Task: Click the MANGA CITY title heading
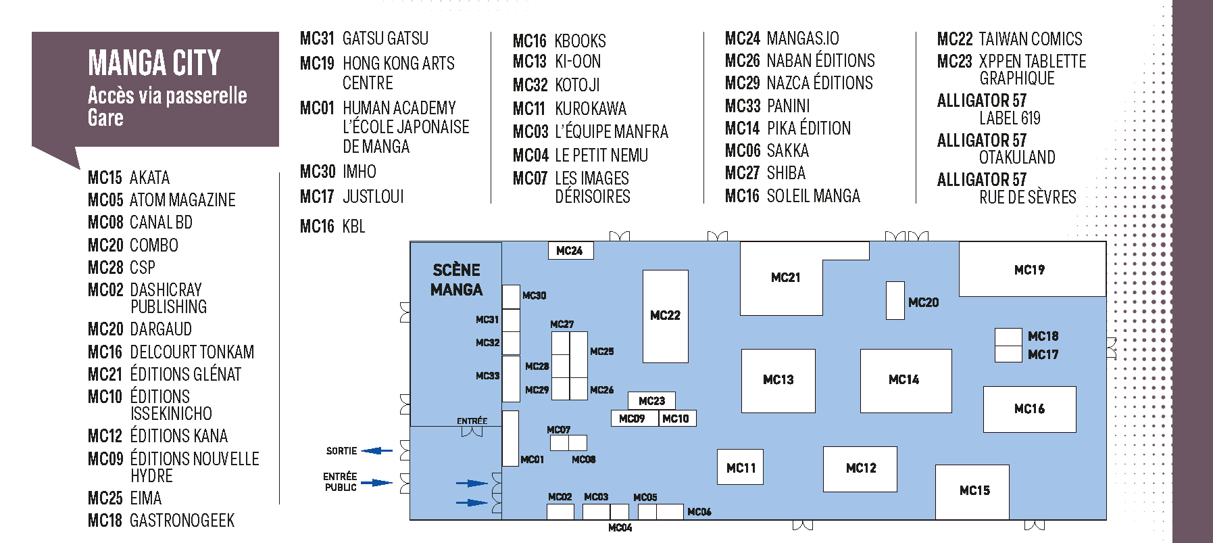coord(154,63)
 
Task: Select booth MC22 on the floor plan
coord(665,316)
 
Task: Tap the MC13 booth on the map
coord(778,380)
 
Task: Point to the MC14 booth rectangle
coord(905,380)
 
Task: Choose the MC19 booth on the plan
coord(1030,270)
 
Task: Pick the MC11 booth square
coord(741,468)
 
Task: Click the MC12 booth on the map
coord(860,468)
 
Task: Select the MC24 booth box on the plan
coord(570,251)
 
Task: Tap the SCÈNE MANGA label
coord(457,280)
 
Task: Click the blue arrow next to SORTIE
coord(377,450)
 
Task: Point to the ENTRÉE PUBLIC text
coord(341,481)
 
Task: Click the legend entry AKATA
coord(149,178)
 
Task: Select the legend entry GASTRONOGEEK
coord(182,521)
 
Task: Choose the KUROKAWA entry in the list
coord(590,109)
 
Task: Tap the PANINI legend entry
coord(788,106)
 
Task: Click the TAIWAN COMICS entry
coord(1030,39)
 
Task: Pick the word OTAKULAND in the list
coord(1017,158)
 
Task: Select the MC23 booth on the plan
coord(651,401)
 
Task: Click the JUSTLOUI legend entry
coord(373,197)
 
